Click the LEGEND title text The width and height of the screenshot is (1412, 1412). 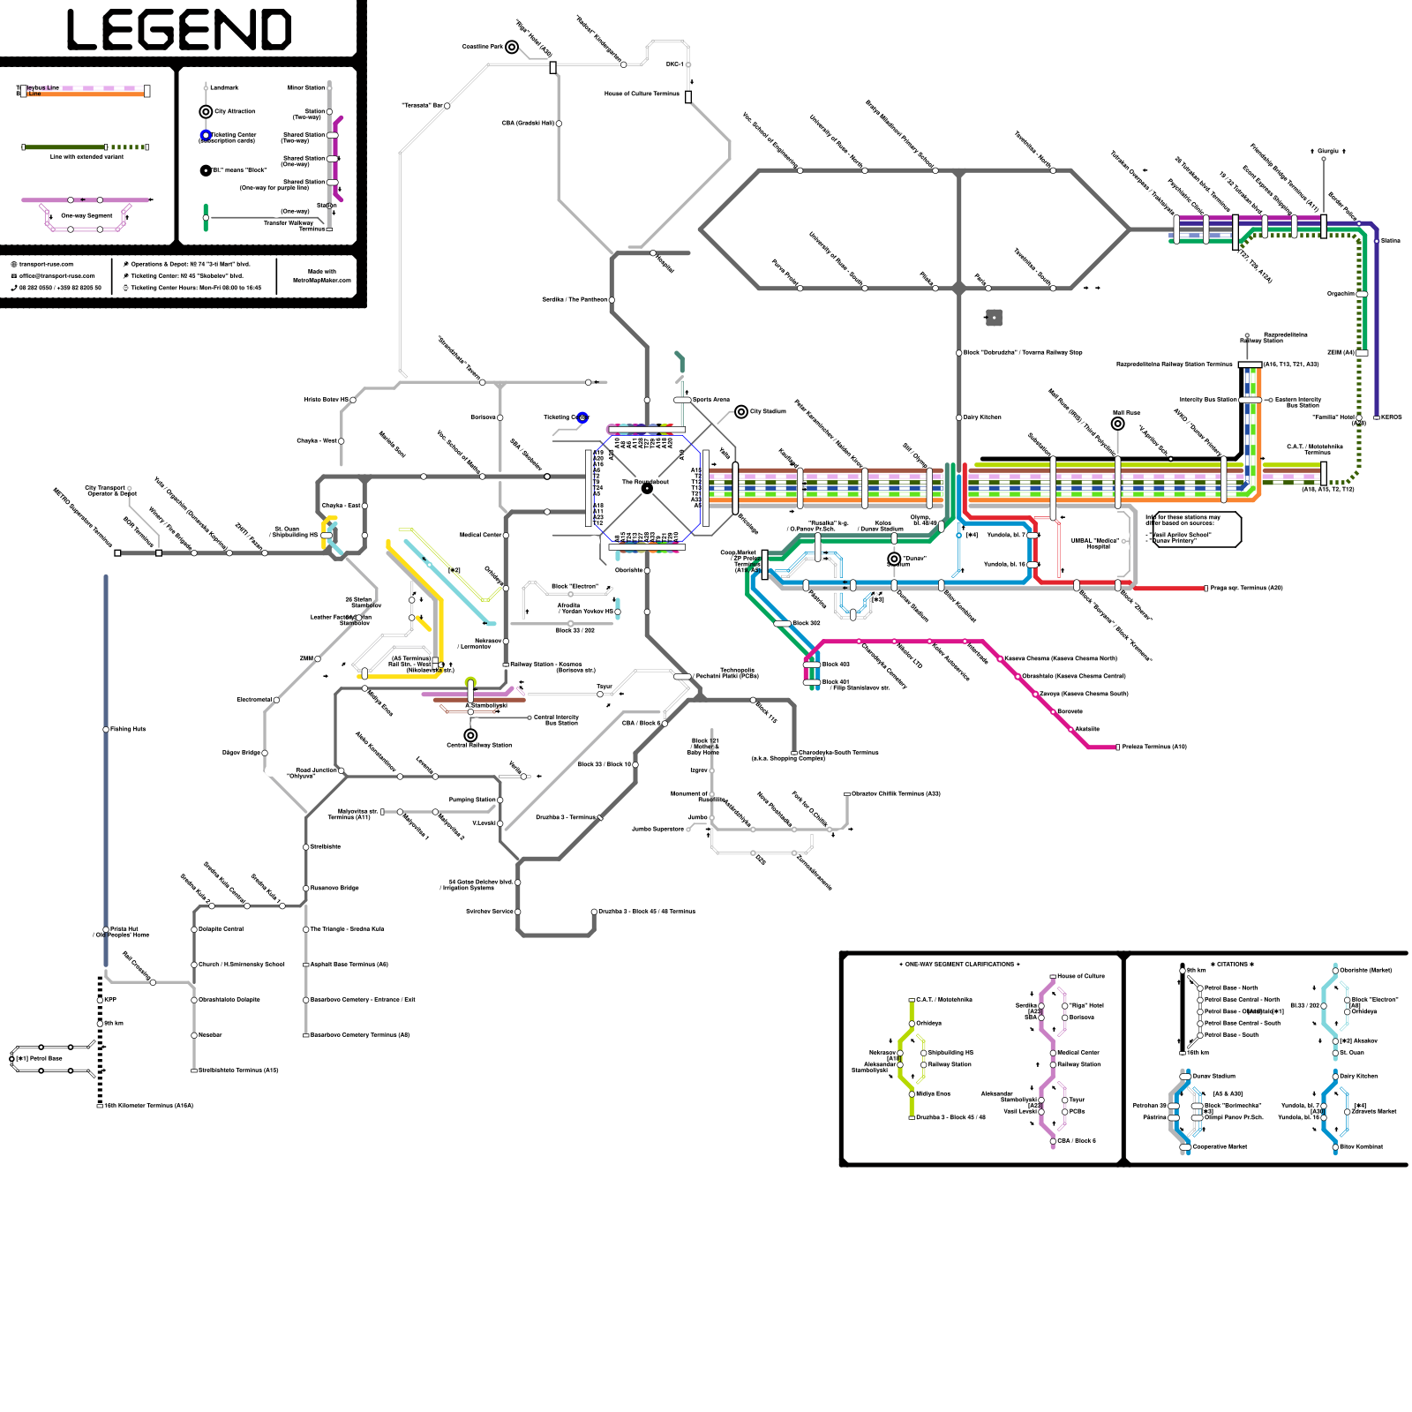(x=179, y=30)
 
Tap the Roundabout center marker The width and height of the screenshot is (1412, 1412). (x=647, y=488)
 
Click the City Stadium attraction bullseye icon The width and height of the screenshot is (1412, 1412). (x=741, y=411)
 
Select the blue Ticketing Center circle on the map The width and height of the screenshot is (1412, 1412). (x=582, y=417)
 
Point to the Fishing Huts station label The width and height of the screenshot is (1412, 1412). (x=129, y=729)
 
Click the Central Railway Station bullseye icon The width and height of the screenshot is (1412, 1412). (x=470, y=734)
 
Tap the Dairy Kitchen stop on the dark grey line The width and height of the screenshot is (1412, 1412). (x=959, y=417)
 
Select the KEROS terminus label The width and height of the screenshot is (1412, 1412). (x=1392, y=417)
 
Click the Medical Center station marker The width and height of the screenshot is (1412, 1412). (x=506, y=535)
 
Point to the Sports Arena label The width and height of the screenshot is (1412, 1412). (x=711, y=400)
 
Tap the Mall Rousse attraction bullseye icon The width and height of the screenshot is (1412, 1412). (x=1117, y=424)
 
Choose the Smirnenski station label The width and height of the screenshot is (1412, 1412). (x=326, y=846)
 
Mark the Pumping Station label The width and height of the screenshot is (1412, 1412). (x=472, y=800)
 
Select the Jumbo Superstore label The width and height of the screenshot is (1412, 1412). (x=657, y=829)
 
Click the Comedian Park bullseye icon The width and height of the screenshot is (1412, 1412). (x=512, y=47)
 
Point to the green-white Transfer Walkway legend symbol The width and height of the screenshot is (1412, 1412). (x=206, y=217)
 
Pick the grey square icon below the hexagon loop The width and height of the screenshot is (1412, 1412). (x=994, y=317)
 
